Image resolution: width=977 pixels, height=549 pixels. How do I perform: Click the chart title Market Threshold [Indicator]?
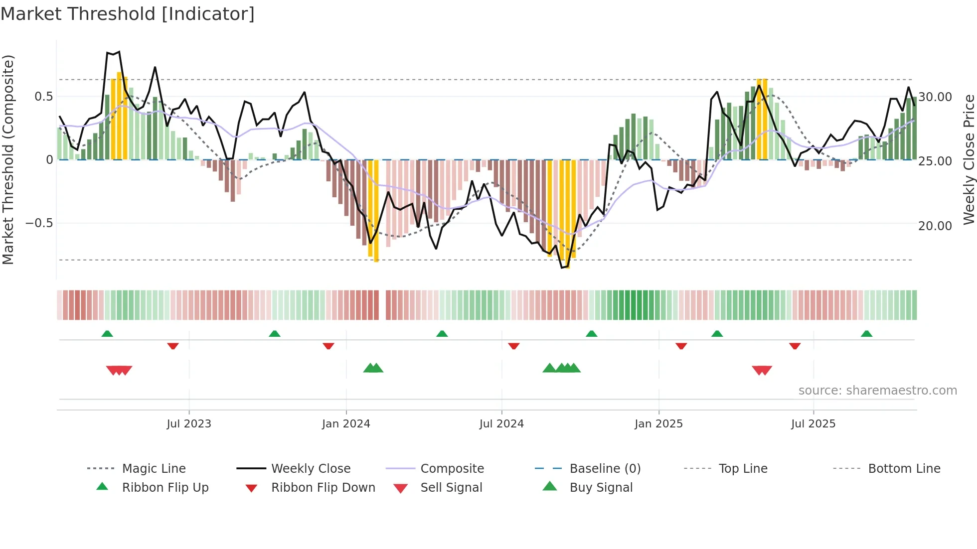pyautogui.click(x=128, y=14)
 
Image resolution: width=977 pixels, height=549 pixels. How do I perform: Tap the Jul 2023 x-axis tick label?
pyautogui.click(x=189, y=424)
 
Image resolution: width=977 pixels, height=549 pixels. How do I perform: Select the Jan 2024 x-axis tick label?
pyautogui.click(x=346, y=424)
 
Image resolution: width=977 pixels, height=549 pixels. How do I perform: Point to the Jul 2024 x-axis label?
pyautogui.click(x=501, y=424)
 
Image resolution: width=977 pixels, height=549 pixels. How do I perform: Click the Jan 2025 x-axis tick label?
pyautogui.click(x=658, y=424)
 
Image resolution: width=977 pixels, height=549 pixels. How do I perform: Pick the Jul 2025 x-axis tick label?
pyautogui.click(x=813, y=424)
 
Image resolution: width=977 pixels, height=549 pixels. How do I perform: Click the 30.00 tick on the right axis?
pyautogui.click(x=935, y=97)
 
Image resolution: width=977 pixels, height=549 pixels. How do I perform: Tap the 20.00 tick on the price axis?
pyautogui.click(x=935, y=226)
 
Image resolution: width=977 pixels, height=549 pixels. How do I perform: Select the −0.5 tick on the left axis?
pyautogui.click(x=39, y=223)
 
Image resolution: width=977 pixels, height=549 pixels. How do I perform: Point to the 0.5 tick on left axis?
pyautogui.click(x=43, y=97)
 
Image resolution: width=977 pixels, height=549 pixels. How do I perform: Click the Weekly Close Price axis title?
pyautogui.click(x=969, y=159)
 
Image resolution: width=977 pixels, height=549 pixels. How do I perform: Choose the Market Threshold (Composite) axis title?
pyautogui.click(x=8, y=159)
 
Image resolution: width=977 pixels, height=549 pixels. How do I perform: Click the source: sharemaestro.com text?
pyautogui.click(x=877, y=391)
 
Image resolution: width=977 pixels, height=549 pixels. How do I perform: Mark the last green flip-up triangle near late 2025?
pyautogui.click(x=866, y=334)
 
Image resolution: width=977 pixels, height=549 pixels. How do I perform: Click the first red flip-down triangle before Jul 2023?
pyautogui.click(x=173, y=346)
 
